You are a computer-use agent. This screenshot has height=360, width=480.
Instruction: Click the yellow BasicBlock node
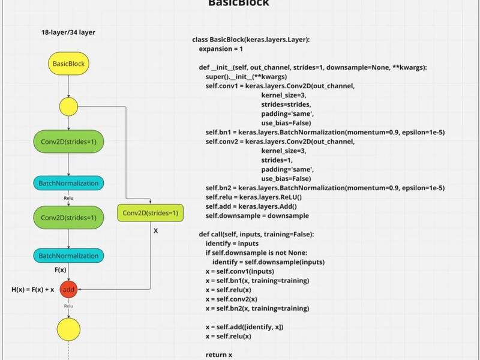click(68, 64)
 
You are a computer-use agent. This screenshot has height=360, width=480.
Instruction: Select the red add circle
click(68, 289)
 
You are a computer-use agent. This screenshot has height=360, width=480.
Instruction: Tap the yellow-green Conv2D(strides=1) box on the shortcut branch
click(151, 213)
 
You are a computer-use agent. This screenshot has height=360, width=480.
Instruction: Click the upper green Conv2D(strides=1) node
click(68, 142)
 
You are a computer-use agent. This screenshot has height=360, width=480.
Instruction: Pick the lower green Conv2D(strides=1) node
click(68, 217)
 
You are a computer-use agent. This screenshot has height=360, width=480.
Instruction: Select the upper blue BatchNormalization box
click(68, 183)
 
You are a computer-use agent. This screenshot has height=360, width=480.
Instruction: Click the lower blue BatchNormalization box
click(68, 256)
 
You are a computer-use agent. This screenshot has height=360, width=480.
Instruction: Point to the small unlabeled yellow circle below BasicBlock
click(68, 107)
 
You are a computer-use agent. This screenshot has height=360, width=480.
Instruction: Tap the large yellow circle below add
click(68, 329)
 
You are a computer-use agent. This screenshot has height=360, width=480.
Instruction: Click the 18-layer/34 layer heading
click(68, 32)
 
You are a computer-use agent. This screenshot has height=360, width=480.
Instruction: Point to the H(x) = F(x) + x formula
click(33, 289)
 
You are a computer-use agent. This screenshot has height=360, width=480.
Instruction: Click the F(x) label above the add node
click(61, 269)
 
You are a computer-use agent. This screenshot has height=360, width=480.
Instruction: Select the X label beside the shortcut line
click(156, 231)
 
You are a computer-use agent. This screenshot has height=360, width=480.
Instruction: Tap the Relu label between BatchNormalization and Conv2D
click(68, 198)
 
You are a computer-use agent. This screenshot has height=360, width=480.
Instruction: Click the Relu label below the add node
click(68, 306)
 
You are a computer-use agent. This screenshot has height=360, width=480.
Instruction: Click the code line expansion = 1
click(221, 49)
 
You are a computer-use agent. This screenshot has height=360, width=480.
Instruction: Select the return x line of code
click(219, 355)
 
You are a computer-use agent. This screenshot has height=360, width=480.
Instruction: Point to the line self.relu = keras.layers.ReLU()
click(253, 197)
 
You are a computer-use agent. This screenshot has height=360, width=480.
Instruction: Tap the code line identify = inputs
click(232, 244)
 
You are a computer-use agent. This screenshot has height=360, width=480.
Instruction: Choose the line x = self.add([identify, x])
click(244, 327)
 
